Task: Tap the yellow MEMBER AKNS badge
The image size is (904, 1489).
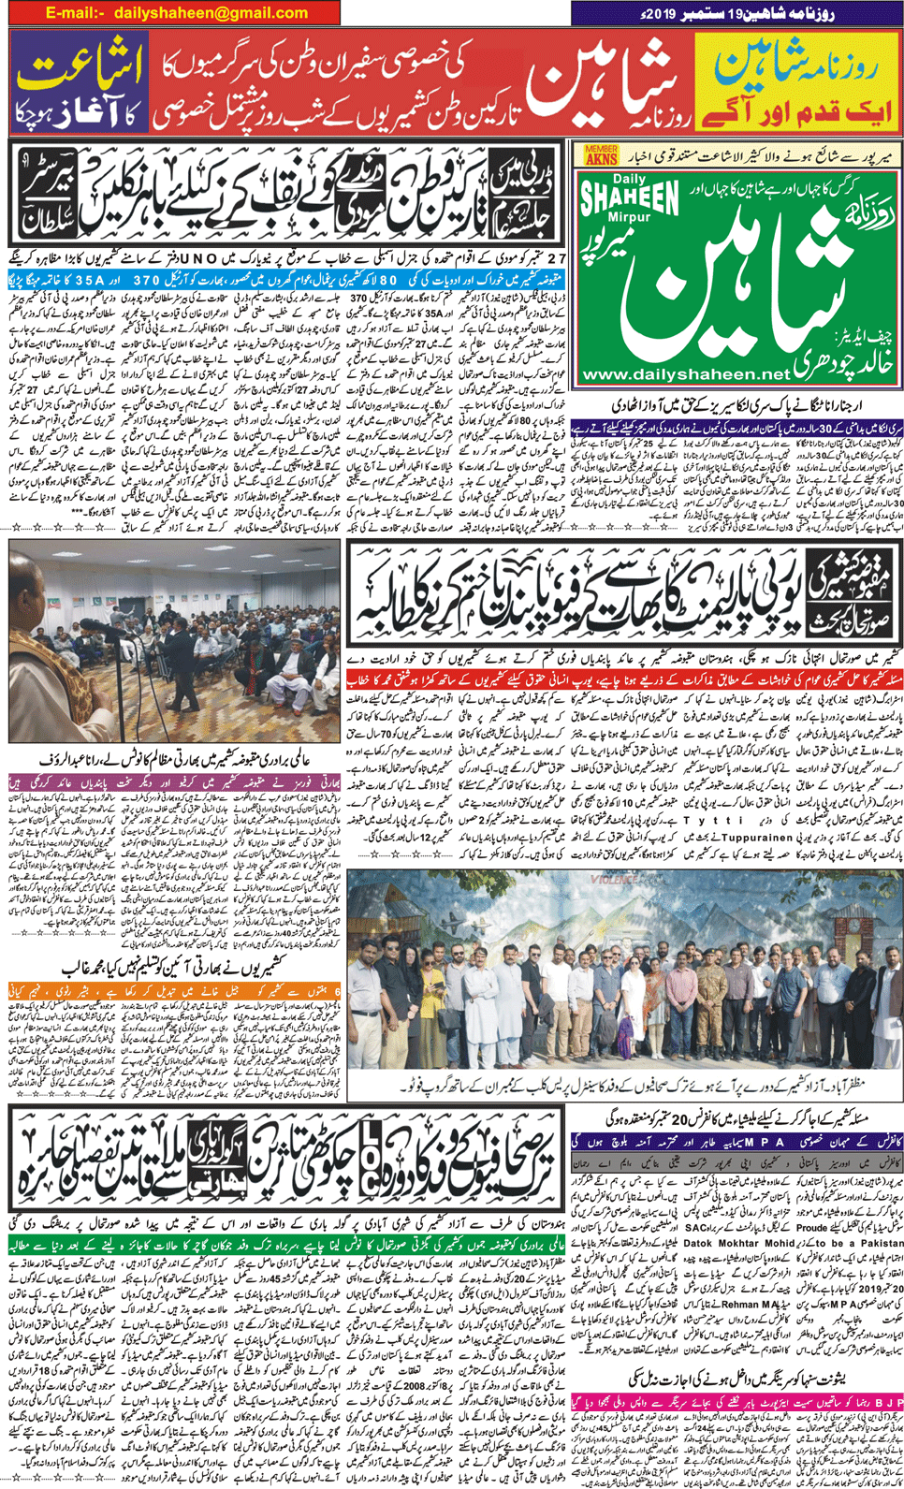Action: (x=602, y=154)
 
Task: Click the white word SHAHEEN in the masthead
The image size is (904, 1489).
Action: (x=630, y=199)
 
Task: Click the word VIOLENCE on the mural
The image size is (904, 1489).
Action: (x=614, y=881)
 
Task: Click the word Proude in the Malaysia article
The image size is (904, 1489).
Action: (x=812, y=1227)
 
